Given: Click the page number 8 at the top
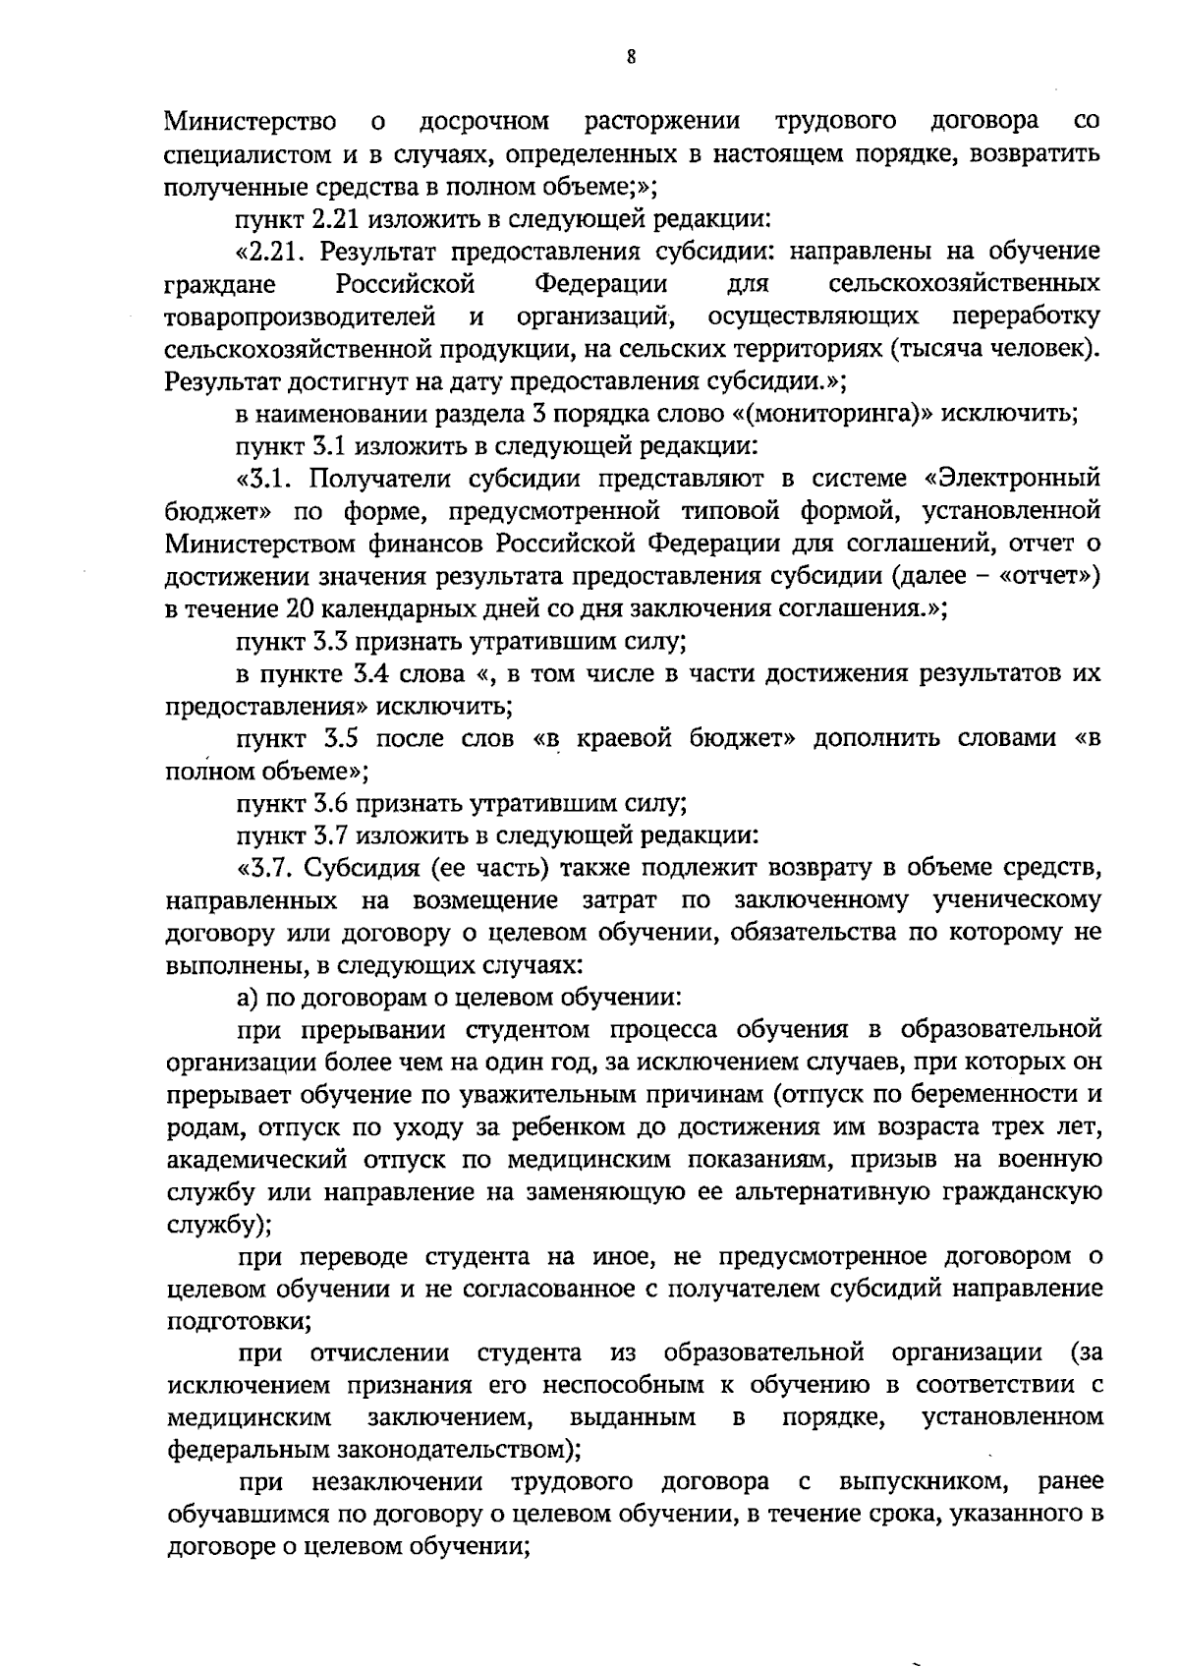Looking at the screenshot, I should [631, 58].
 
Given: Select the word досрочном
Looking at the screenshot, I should [483, 122].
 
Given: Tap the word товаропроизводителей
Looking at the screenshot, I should [301, 316].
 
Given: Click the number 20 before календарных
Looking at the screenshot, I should [299, 608].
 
